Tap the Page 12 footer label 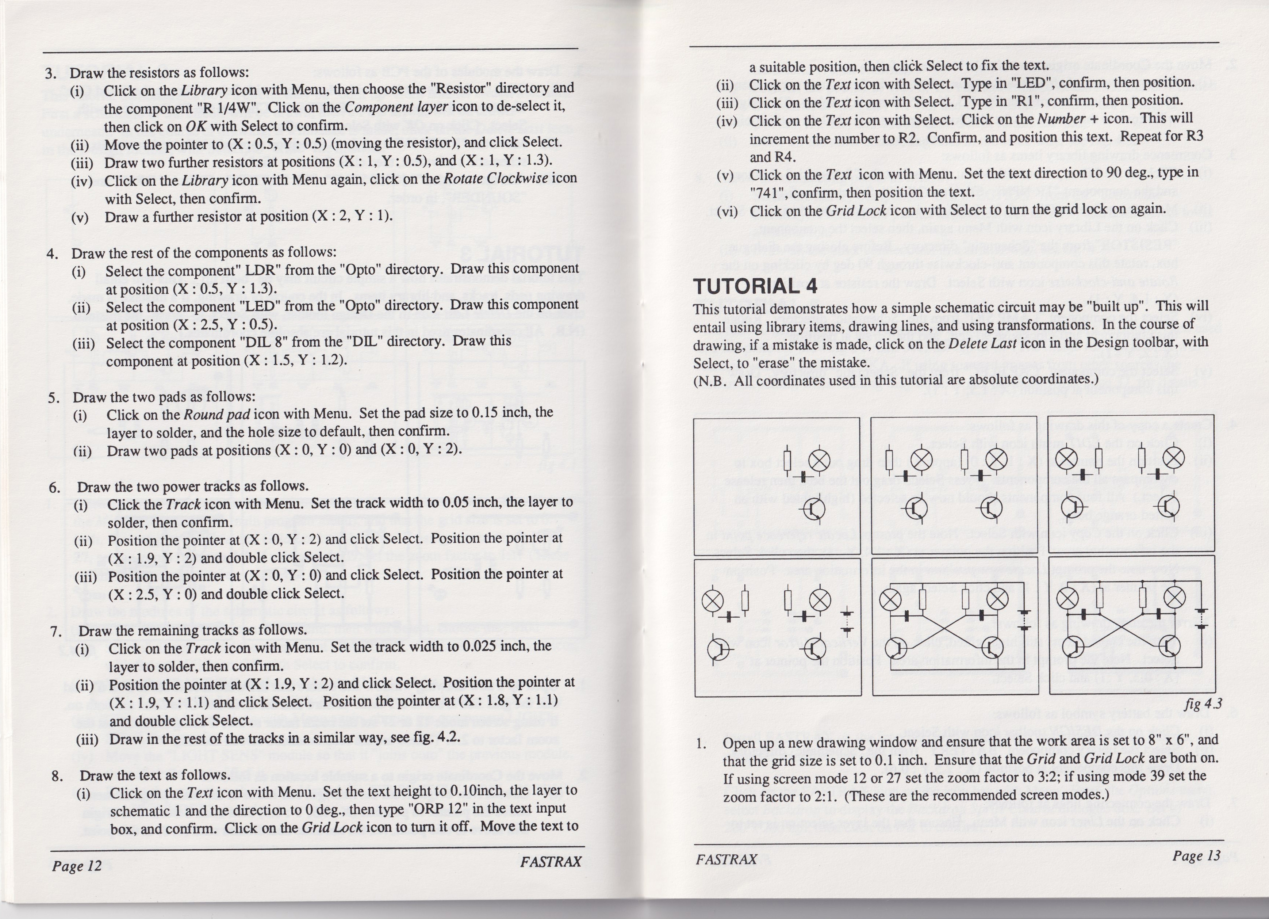click(x=77, y=866)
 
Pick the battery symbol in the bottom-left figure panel click(x=848, y=622)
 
